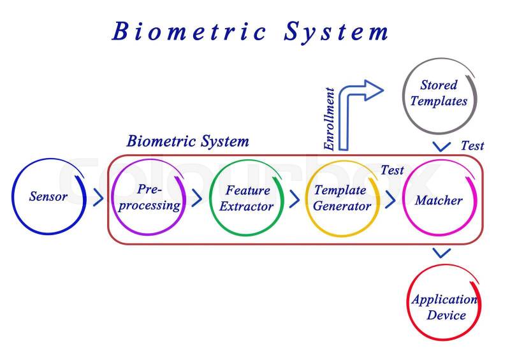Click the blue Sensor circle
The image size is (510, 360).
(x=48, y=196)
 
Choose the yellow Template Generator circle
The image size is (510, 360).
(x=342, y=198)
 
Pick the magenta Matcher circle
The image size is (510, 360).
(x=439, y=199)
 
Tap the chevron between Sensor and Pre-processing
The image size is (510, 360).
(x=98, y=198)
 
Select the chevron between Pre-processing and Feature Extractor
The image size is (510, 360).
(x=197, y=198)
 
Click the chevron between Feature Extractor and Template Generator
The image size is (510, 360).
(x=294, y=198)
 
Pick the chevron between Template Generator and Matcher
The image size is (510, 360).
(x=390, y=198)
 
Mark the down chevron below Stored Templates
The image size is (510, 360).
(x=441, y=147)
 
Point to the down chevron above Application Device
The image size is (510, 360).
(x=441, y=253)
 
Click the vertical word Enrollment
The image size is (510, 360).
(x=330, y=119)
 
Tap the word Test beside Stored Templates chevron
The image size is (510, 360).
(x=472, y=146)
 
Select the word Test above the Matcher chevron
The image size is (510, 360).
(x=392, y=170)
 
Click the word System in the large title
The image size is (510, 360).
(x=337, y=31)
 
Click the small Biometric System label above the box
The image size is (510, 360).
(x=187, y=141)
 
